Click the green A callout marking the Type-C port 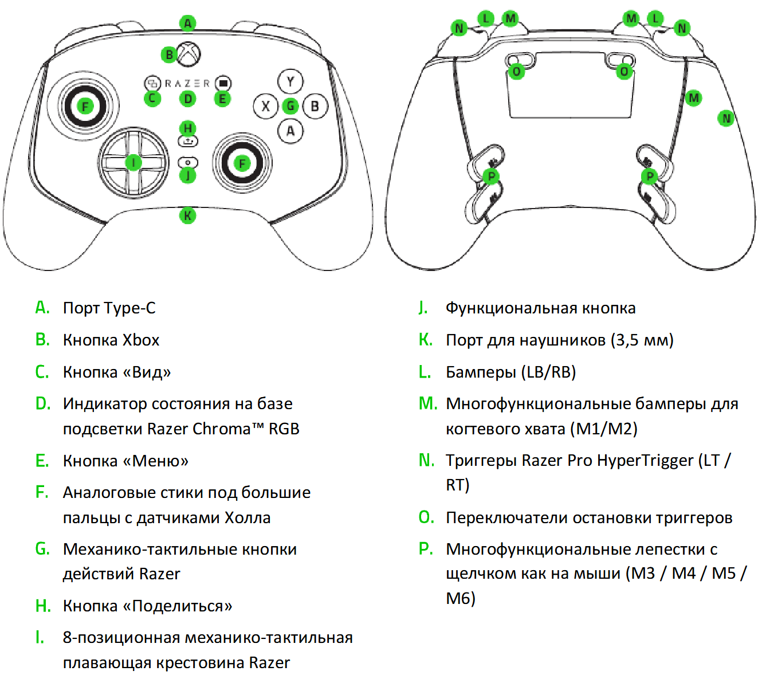(187, 23)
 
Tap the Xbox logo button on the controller (189, 54)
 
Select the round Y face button (290, 81)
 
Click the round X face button (265, 106)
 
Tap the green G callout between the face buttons (290, 106)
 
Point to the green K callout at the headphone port (187, 216)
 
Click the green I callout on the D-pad (133, 163)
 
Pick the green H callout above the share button (188, 128)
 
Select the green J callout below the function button (188, 176)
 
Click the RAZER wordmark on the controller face (187, 84)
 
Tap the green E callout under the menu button (222, 99)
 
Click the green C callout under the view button (152, 99)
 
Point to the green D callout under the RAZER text (188, 99)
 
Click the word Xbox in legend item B (141, 340)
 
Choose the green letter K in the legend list (425, 340)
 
